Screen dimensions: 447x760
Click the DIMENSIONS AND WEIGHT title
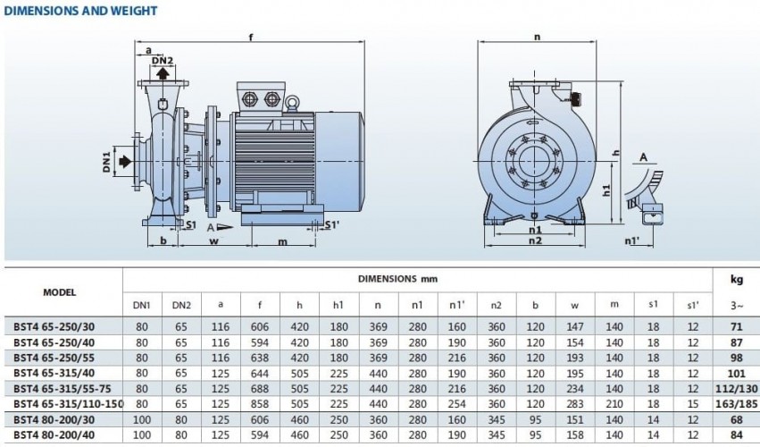pos(81,11)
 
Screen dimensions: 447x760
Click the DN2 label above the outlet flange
pos(162,61)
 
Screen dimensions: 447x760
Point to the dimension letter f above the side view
pos(251,38)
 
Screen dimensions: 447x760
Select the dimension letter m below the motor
pos(283,241)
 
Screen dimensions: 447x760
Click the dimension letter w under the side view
pos(214,241)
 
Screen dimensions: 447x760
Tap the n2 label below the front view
pos(536,240)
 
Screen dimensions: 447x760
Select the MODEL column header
pos(60,291)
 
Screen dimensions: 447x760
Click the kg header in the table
pos(736,279)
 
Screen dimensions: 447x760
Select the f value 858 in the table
pos(259,404)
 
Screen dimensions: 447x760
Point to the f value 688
pos(259,389)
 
